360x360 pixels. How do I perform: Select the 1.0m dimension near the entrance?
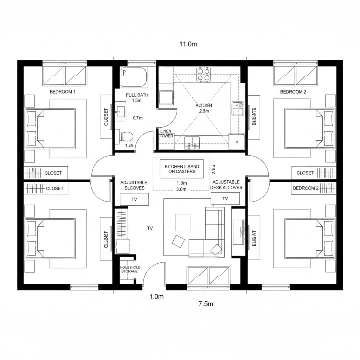[x=156, y=297]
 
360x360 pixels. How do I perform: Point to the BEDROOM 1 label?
[x=63, y=92]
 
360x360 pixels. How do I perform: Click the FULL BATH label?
[x=137, y=95]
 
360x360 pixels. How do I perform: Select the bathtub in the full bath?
[x=134, y=77]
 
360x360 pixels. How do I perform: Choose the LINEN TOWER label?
[x=166, y=134]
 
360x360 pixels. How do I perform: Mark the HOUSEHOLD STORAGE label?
[x=130, y=269]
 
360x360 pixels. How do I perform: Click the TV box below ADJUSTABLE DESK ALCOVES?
[x=225, y=199]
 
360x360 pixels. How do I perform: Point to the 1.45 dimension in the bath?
[x=129, y=146]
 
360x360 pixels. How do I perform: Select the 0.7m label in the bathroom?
[x=138, y=118]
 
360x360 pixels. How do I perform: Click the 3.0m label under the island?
[x=181, y=189]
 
